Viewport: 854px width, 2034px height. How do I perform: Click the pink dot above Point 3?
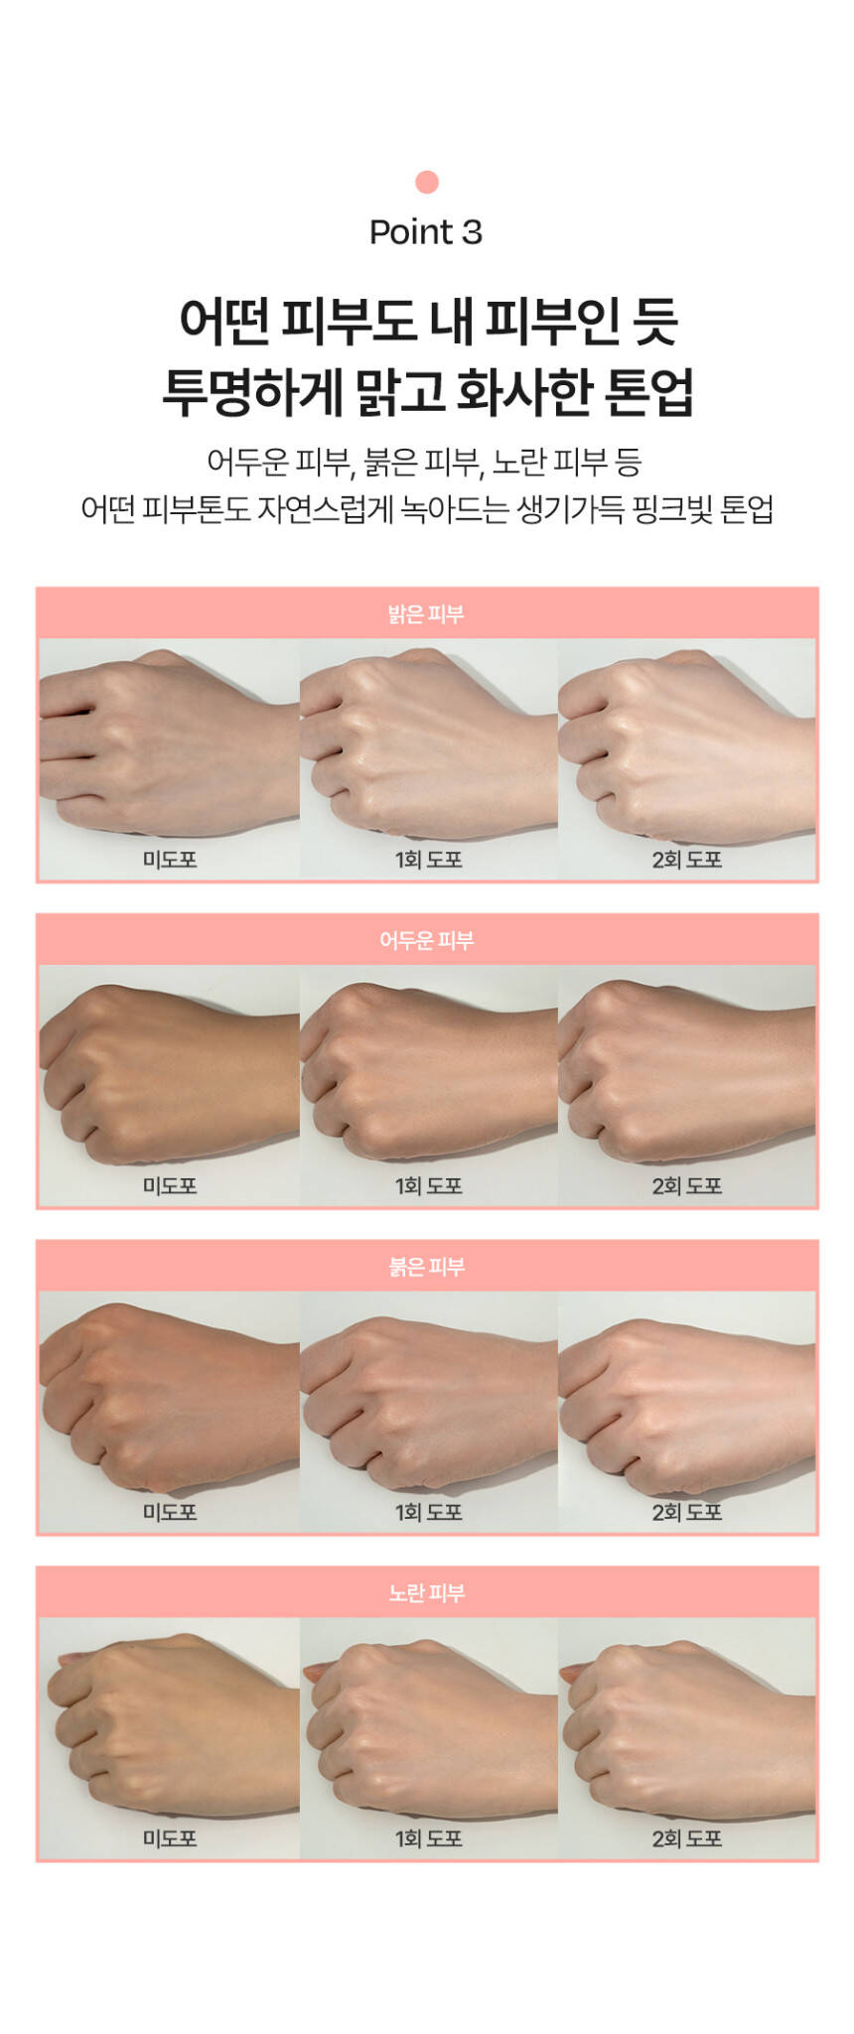click(427, 182)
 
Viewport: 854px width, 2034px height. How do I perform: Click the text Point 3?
click(426, 232)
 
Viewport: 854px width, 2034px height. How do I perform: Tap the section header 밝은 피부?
click(426, 614)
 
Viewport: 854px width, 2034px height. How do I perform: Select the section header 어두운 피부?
click(426, 940)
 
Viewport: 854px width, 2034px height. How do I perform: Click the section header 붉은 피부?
click(426, 1267)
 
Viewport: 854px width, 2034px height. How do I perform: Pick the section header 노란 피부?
click(426, 1592)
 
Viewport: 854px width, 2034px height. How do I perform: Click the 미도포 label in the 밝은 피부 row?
click(170, 860)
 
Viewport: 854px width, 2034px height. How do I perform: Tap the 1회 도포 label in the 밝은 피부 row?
click(428, 860)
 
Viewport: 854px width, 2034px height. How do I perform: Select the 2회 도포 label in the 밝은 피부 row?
click(686, 860)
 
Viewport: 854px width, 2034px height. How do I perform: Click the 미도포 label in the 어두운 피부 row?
click(170, 1185)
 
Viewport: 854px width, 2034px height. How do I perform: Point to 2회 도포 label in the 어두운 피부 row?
click(686, 1185)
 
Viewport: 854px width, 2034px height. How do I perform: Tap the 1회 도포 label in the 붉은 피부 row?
click(428, 1512)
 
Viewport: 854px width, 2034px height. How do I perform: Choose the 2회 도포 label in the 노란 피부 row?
click(686, 1838)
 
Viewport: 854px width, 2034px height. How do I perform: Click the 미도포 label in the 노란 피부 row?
click(170, 1838)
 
